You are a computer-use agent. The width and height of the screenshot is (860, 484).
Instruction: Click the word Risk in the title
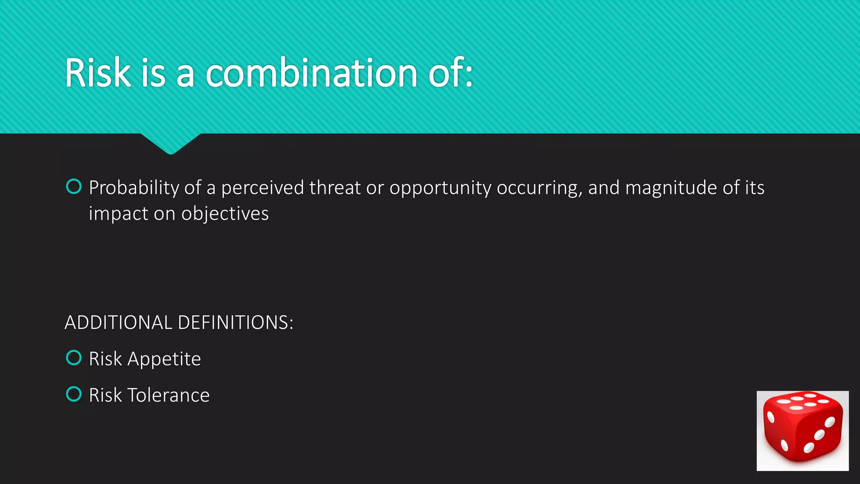[97, 73]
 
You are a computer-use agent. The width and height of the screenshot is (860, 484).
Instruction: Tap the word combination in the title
[312, 73]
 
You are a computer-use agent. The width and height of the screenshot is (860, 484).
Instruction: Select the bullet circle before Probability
[74, 187]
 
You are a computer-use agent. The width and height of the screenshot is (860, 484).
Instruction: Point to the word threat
[335, 188]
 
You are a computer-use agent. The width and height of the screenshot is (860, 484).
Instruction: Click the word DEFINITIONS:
[235, 323]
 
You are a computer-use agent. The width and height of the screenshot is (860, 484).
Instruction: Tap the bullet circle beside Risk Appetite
[74, 358]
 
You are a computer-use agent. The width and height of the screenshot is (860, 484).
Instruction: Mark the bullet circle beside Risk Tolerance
[74, 394]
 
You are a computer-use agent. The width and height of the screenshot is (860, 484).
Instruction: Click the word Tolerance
[168, 395]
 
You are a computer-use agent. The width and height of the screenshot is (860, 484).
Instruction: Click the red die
[802, 430]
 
